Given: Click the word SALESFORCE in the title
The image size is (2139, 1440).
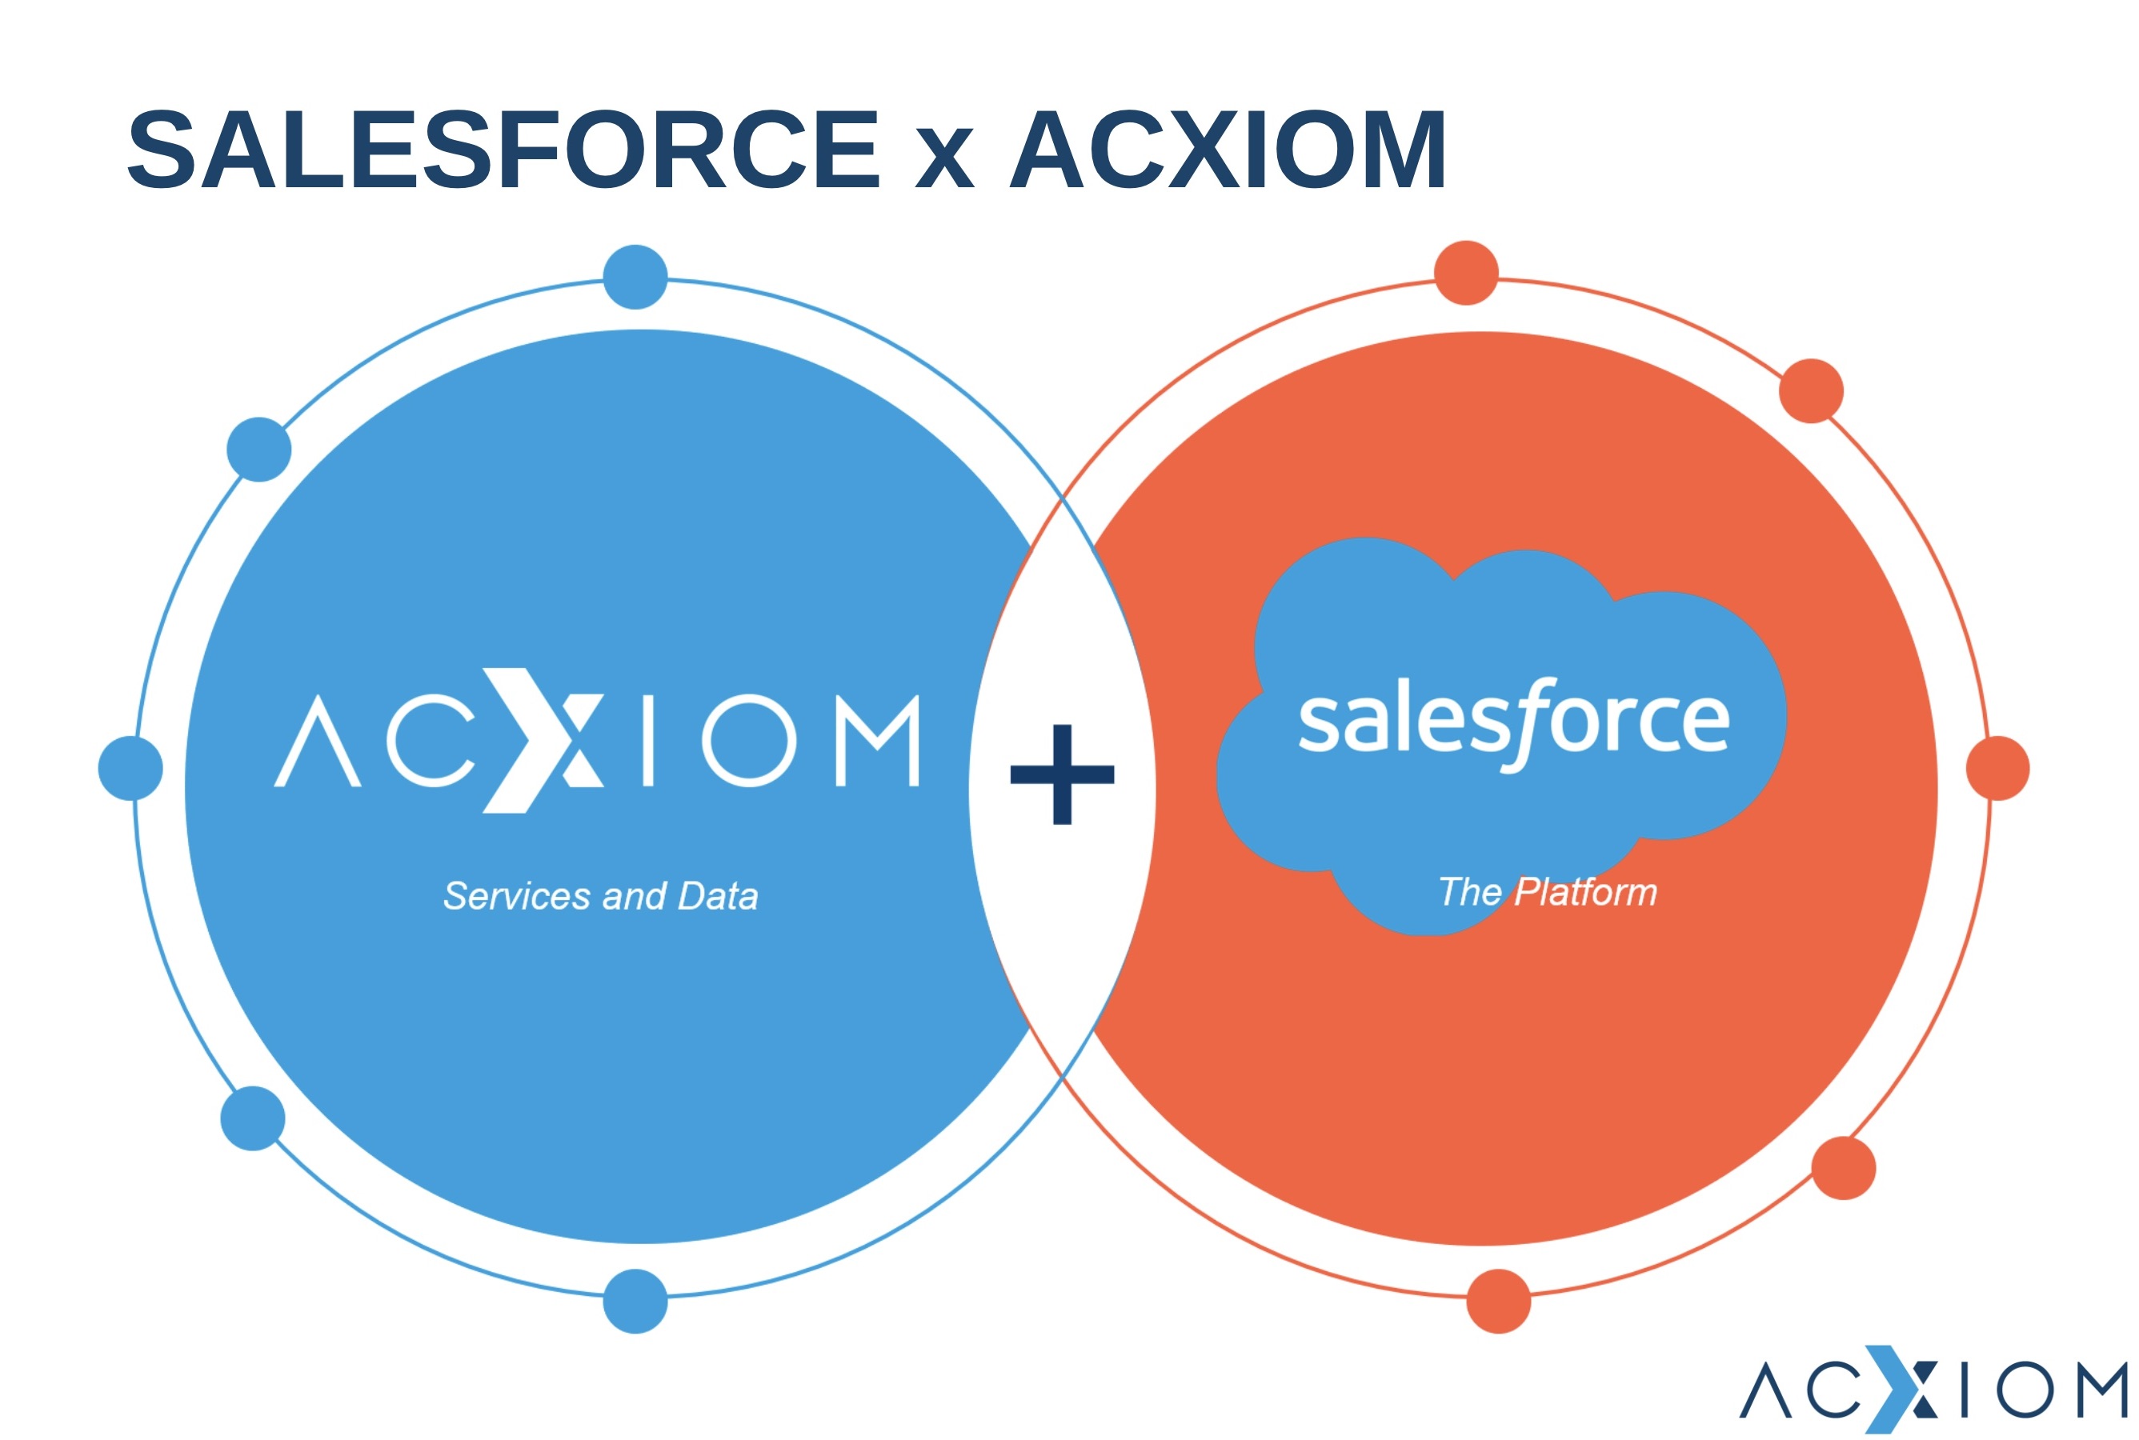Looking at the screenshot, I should tap(503, 150).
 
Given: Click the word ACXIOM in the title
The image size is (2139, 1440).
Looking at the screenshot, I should tap(1227, 150).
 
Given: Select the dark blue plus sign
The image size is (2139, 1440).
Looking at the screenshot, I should tap(1062, 774).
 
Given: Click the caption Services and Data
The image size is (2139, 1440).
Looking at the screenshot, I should tap(601, 895).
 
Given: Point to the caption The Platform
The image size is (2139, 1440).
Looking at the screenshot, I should tap(1548, 892).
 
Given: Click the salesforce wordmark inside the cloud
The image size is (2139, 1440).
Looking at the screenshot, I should tap(1513, 722).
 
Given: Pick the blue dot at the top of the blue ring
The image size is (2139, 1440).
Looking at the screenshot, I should tap(635, 277).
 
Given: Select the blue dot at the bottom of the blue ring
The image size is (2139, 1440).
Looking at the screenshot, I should tap(635, 1302).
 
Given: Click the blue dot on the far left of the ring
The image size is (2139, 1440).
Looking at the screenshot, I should tap(130, 768).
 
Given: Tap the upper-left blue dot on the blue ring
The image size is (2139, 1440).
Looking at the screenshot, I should tap(259, 449).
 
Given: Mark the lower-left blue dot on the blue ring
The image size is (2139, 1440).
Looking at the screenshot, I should tap(253, 1118).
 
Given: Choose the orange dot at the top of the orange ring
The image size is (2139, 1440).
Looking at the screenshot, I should tap(1466, 273).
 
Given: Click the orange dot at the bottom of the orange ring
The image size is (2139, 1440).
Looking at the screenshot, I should tap(1499, 1302).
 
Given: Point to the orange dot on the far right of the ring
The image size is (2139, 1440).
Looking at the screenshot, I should tap(1997, 768).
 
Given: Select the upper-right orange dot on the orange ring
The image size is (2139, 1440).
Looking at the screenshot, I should tap(1811, 390).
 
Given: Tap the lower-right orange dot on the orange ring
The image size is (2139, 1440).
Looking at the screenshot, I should tap(1843, 1168).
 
